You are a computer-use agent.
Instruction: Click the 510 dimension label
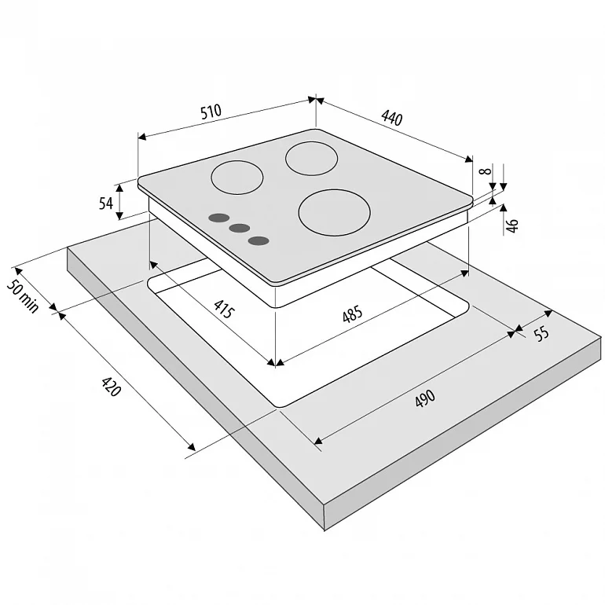211,111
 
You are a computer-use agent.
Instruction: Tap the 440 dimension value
391,118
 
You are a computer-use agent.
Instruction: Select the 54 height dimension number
105,203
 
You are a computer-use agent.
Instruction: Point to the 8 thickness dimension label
486,170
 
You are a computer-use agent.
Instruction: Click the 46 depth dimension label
511,225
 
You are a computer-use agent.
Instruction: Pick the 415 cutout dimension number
224,309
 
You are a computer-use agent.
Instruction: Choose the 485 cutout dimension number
352,313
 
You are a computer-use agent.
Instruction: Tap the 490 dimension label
425,398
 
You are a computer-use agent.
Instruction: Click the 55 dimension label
541,333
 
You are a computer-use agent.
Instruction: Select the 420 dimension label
111,387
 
